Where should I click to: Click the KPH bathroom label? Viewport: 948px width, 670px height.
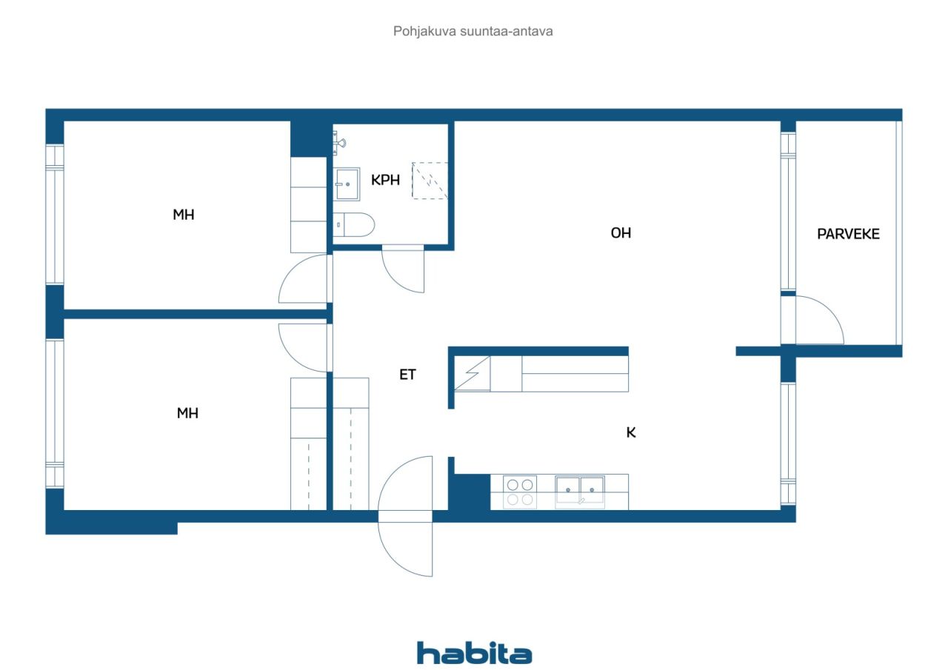(x=385, y=180)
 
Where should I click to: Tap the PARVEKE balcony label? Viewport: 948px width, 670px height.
(x=848, y=234)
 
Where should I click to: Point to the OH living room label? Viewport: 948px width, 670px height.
(x=621, y=232)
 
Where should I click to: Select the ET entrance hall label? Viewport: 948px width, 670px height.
(x=407, y=375)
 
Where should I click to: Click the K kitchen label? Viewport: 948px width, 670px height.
(x=631, y=432)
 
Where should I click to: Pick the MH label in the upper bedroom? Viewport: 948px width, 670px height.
(x=184, y=215)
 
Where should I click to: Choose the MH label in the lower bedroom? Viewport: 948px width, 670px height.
(x=187, y=413)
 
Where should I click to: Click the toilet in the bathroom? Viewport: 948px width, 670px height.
(x=354, y=224)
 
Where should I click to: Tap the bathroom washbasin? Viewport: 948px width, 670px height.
(x=347, y=184)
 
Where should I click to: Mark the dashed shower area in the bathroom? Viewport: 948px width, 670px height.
(x=430, y=181)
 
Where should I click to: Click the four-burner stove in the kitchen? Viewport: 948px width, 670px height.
(x=520, y=492)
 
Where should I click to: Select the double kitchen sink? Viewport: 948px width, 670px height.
(x=580, y=492)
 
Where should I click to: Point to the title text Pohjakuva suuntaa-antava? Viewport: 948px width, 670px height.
(x=473, y=31)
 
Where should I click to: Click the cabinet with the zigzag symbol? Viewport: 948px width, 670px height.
(x=473, y=373)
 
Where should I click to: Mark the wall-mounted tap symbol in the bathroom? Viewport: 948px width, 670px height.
(x=339, y=143)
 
